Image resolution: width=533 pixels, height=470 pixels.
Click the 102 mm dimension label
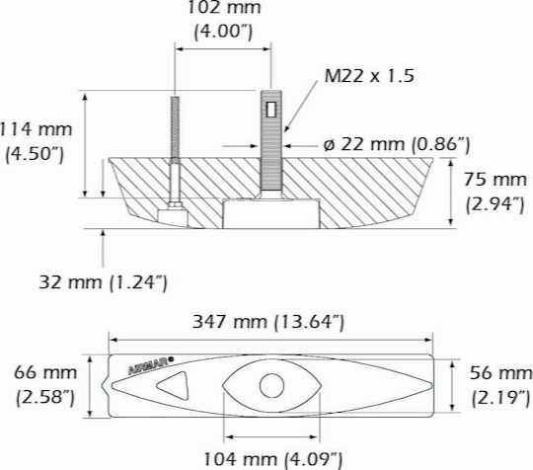coord(224,8)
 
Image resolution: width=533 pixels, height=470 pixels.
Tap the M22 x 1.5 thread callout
coord(369,76)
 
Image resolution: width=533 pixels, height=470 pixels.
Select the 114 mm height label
coord(36,129)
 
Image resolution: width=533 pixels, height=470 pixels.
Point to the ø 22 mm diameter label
coord(397,144)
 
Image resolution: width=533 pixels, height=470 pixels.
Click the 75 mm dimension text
coord(495,180)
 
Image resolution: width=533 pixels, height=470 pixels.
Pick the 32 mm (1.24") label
coord(104,282)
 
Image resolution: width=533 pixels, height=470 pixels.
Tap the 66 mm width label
coord(45,372)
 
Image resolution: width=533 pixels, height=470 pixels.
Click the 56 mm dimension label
coord(501,373)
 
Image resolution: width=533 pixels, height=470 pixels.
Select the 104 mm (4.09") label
coord(272,459)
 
